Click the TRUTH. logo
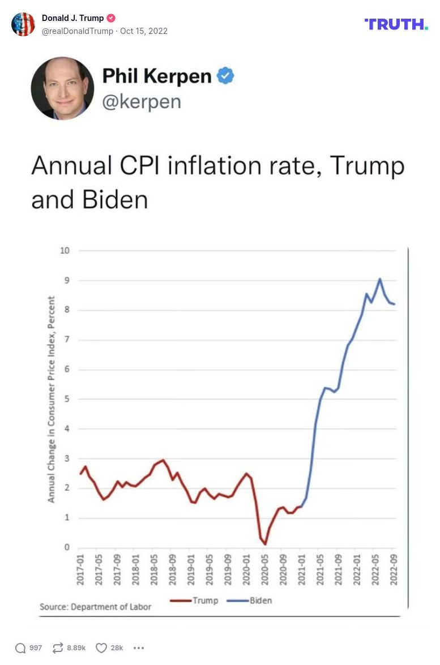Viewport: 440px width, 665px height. [x=396, y=24]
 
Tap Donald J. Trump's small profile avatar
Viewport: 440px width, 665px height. [x=23, y=24]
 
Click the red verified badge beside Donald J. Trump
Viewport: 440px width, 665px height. [x=111, y=18]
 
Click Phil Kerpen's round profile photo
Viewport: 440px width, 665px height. [x=62, y=88]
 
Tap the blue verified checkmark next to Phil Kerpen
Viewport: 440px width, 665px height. [x=225, y=76]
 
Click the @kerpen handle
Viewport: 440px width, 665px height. [x=142, y=102]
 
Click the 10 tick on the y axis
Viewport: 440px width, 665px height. [x=65, y=251]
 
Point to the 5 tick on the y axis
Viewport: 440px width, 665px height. [x=67, y=399]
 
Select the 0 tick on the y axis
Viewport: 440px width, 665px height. [x=67, y=547]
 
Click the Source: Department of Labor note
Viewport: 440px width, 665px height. [x=95, y=607]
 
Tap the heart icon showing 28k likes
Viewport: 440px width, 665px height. [x=101, y=648]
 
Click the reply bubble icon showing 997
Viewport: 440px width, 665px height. [x=20, y=648]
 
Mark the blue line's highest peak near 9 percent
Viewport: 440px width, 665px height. [x=379, y=278]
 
